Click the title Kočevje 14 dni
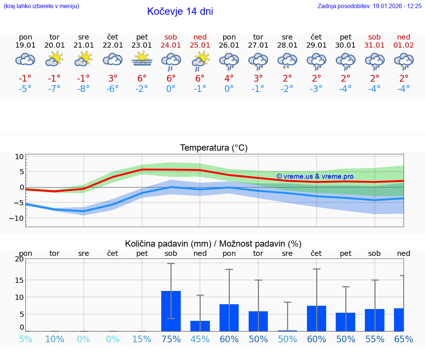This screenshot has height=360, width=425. [x=180, y=11]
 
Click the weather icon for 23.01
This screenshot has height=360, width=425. [x=142, y=59]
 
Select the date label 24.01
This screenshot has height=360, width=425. [x=171, y=45]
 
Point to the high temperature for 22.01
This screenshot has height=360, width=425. [x=113, y=78]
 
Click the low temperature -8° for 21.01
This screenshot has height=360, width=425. [x=84, y=89]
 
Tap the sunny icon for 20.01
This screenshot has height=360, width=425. [x=55, y=59]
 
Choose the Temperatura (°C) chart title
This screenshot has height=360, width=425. [x=214, y=148]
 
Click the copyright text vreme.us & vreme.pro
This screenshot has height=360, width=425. [x=315, y=176]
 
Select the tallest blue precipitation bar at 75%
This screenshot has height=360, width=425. [x=171, y=311]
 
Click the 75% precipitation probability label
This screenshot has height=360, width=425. [x=171, y=339]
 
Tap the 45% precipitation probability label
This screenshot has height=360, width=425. [x=200, y=339]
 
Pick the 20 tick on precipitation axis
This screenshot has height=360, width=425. [x=19, y=259]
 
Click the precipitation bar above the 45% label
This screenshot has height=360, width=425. [x=200, y=326]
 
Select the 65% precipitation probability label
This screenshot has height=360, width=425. [x=404, y=339]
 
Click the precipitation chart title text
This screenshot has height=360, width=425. [x=213, y=244]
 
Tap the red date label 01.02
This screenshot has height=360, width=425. [x=404, y=45]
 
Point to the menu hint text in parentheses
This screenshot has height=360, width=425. [x=41, y=6]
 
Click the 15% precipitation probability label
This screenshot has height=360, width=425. [x=142, y=339]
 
